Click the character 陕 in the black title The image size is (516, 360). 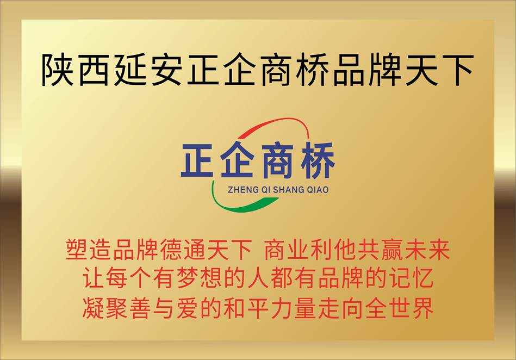57,70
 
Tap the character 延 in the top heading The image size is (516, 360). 130,70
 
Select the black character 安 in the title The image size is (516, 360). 166,70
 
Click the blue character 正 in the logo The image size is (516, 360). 197,160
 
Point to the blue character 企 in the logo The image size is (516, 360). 237,160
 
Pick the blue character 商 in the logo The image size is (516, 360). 278,160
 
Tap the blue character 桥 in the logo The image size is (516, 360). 318,160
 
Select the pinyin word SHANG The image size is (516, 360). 289,190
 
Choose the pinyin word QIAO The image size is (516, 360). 318,190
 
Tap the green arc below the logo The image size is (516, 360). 237,206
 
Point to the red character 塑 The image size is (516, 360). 77,250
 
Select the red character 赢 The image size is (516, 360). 391,250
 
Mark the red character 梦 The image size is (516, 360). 188,278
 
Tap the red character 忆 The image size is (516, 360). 422,278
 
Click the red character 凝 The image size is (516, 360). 93,308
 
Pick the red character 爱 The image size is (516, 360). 188,308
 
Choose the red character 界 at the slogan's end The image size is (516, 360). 422,308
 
